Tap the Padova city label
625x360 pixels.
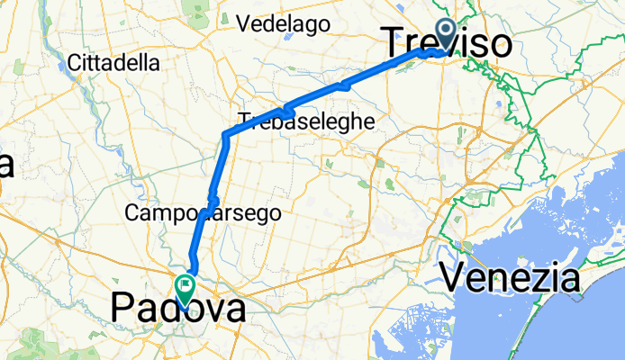point(177,309)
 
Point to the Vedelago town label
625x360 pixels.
point(283,24)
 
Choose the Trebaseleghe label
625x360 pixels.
point(306,120)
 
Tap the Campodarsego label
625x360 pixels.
point(204,213)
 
